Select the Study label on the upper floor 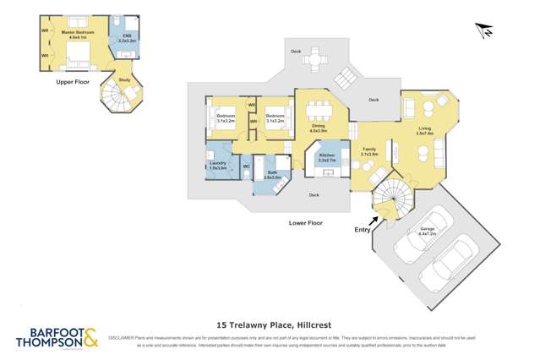[x=124, y=80]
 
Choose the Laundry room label [x=218, y=166]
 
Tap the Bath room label [x=272, y=176]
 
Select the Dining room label [x=318, y=129]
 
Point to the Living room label [x=424, y=131]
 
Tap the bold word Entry [x=361, y=228]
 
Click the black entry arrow [x=375, y=221]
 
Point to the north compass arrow [x=484, y=30]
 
